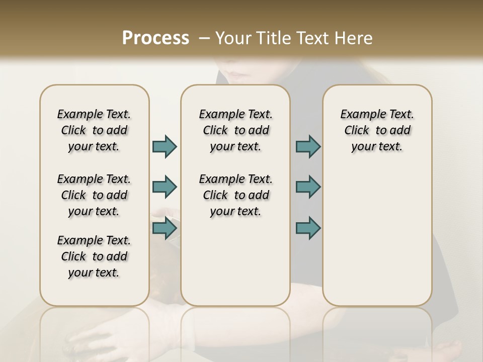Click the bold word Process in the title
pyautogui.click(x=155, y=38)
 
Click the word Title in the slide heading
pyautogui.click(x=272, y=38)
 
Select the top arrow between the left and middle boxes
pyautogui.click(x=165, y=146)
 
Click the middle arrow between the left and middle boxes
pyautogui.click(x=165, y=187)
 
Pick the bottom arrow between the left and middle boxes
pyautogui.click(x=165, y=228)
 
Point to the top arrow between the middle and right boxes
pyautogui.click(x=308, y=146)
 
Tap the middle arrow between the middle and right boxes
pyautogui.click(x=308, y=187)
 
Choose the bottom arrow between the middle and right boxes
pyautogui.click(x=308, y=228)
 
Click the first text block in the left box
pyautogui.click(x=94, y=130)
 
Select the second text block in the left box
pyautogui.click(x=94, y=195)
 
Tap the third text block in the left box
pyautogui.click(x=94, y=256)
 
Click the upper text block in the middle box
pyautogui.click(x=235, y=130)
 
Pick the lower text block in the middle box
pyautogui.click(x=235, y=195)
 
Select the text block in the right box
pyautogui.click(x=377, y=130)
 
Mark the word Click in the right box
pyautogui.click(x=357, y=130)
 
